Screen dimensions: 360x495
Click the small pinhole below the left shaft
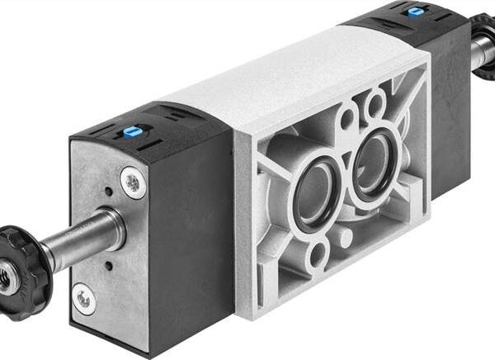(108, 266)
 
